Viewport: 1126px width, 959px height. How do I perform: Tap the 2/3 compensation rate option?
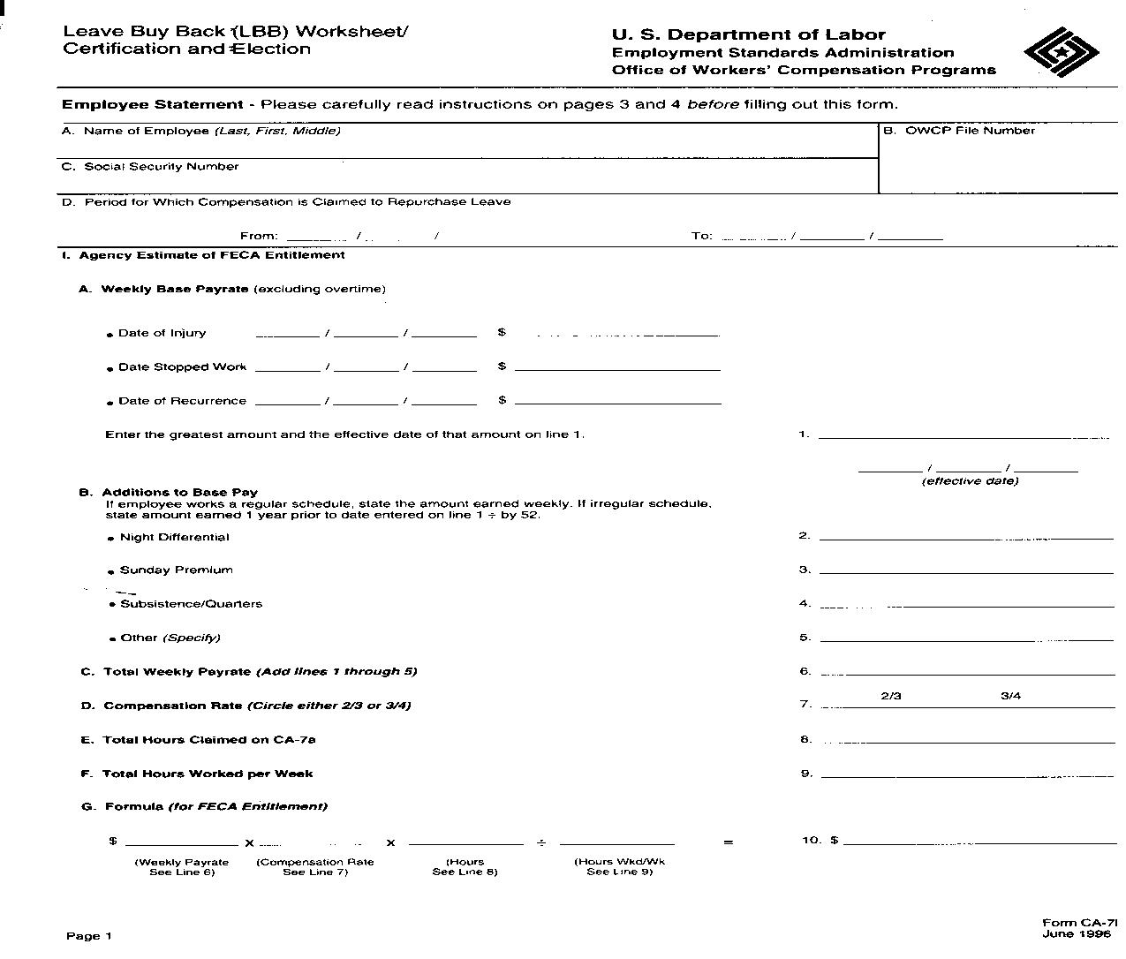tap(891, 696)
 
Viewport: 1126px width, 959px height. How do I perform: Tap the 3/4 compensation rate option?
tap(1010, 696)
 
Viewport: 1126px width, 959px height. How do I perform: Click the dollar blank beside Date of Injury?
tap(617, 335)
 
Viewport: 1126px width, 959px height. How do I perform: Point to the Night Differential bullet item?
tap(174, 537)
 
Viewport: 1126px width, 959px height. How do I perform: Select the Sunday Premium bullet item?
tap(176, 570)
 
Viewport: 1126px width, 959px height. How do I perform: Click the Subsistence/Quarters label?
tap(191, 604)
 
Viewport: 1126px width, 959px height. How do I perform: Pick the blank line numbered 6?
tap(967, 673)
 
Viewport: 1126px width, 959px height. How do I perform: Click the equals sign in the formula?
tap(728, 842)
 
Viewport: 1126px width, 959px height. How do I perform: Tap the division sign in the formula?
tap(541, 842)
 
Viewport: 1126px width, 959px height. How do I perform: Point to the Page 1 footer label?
tap(89, 936)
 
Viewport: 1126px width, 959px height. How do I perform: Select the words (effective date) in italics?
tap(970, 481)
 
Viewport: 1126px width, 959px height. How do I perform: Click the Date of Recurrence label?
tap(182, 401)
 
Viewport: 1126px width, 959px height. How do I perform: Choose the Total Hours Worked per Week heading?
tap(208, 774)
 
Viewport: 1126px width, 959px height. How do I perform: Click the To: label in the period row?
tap(701, 236)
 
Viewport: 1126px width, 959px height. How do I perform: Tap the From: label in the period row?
tap(259, 236)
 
